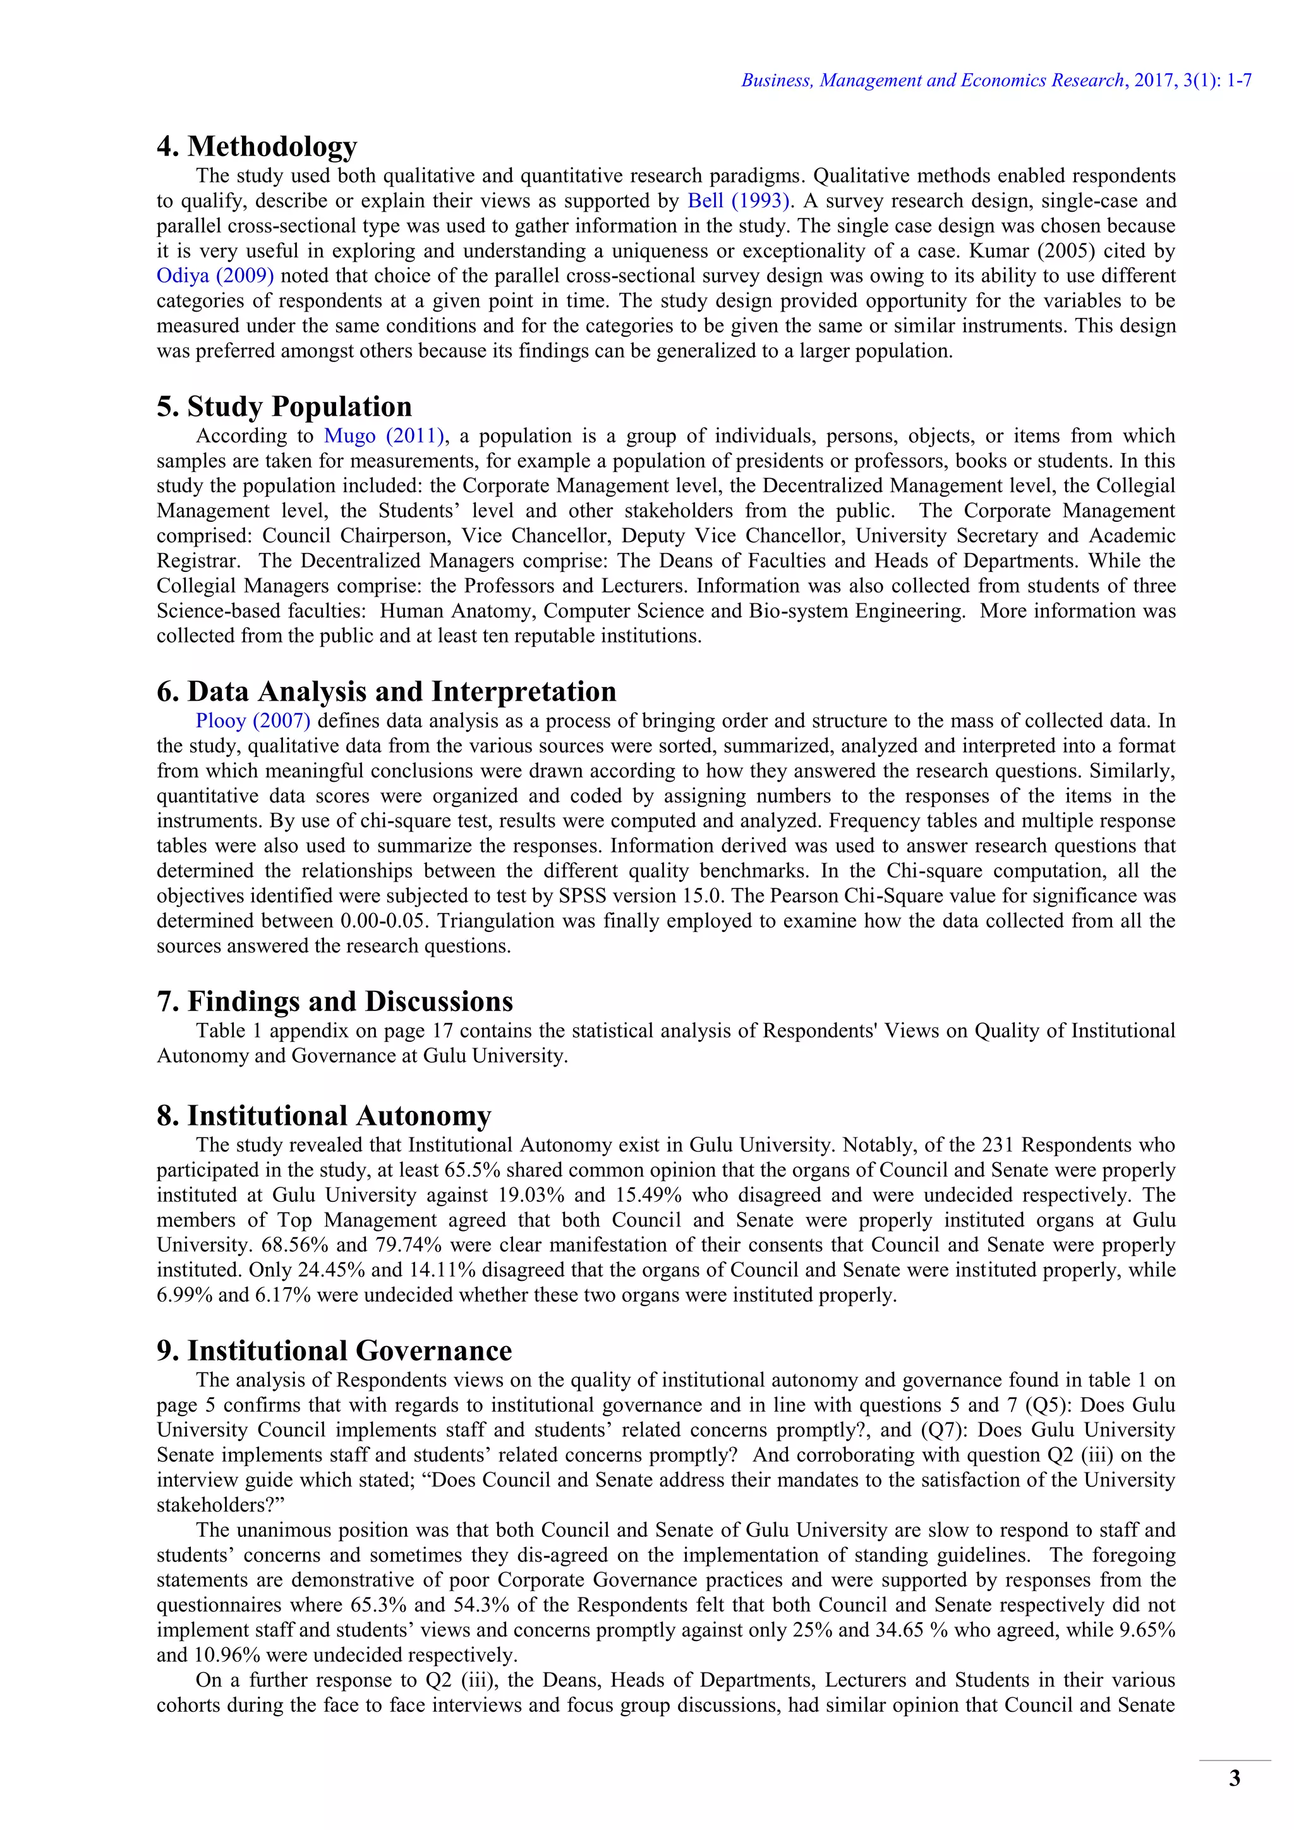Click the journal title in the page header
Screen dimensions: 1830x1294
tap(932, 80)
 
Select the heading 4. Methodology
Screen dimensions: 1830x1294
tap(257, 147)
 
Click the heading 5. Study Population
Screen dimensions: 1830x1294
tap(284, 406)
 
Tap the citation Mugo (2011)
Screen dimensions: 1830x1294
tap(384, 436)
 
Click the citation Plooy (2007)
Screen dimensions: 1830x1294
tap(253, 720)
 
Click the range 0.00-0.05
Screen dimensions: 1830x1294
tap(385, 921)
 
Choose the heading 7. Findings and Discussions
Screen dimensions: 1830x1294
tap(335, 1001)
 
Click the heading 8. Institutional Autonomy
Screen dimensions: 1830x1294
tap(323, 1116)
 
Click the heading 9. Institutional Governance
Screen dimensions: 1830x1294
tap(334, 1351)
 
